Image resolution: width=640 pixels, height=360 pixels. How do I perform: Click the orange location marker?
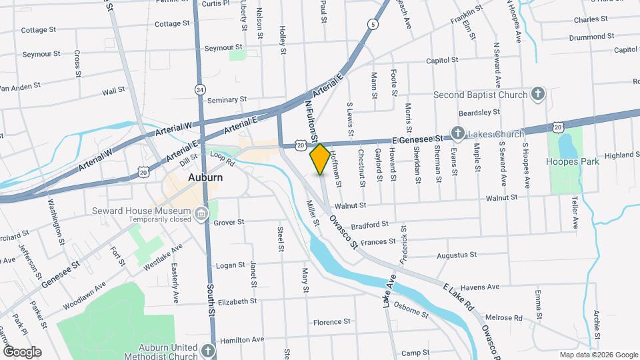pyautogui.click(x=320, y=159)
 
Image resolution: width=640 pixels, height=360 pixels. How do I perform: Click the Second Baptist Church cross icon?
pyautogui.click(x=538, y=95)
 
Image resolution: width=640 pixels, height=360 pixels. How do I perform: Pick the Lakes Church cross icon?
pyautogui.click(x=458, y=133)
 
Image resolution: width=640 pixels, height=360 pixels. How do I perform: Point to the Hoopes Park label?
pyautogui.click(x=572, y=161)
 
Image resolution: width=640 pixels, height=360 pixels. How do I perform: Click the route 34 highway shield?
pyautogui.click(x=200, y=89)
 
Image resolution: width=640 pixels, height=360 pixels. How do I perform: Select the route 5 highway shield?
pyautogui.click(x=373, y=25)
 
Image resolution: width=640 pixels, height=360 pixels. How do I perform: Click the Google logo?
pyautogui.click(x=22, y=351)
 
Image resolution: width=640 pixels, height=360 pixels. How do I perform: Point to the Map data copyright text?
pyautogui.click(x=598, y=355)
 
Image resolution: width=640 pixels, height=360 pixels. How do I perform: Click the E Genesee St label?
pyautogui.click(x=417, y=139)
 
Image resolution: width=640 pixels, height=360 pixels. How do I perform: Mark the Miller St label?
pyautogui.click(x=311, y=213)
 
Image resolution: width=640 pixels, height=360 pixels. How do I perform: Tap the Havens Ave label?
pyautogui.click(x=480, y=287)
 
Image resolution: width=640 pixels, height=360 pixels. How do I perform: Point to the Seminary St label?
pyautogui.click(x=227, y=100)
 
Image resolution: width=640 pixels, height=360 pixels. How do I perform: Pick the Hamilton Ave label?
pyautogui.click(x=238, y=339)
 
